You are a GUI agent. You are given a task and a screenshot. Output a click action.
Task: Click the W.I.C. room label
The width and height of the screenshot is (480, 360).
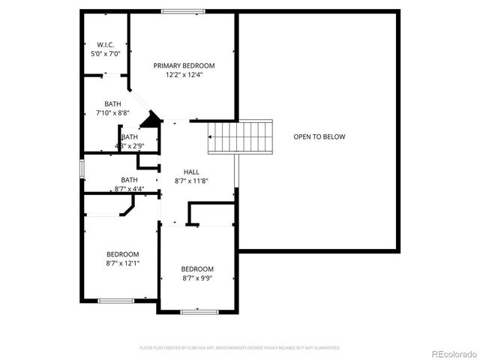click(x=104, y=44)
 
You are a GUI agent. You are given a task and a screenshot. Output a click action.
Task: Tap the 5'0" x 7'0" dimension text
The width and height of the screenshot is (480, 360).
click(x=104, y=54)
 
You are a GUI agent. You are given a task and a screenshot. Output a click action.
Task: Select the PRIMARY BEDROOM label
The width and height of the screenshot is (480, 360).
click(x=184, y=65)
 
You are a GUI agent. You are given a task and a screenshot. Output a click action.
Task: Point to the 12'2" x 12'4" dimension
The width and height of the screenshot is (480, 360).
click(x=184, y=74)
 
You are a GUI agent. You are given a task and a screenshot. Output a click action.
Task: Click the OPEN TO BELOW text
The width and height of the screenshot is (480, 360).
click(x=319, y=136)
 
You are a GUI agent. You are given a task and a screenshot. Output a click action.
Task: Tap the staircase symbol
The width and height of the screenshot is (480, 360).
click(x=239, y=136)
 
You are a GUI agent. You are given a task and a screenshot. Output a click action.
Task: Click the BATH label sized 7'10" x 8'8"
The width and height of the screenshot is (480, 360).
click(x=112, y=104)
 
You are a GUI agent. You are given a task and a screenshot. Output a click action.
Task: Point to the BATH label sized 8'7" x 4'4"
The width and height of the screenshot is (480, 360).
click(x=129, y=179)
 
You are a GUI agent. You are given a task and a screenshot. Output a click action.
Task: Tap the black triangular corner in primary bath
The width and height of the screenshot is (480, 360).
click(x=153, y=119)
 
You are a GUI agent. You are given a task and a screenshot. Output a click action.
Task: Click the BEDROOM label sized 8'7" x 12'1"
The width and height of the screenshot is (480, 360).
click(x=122, y=254)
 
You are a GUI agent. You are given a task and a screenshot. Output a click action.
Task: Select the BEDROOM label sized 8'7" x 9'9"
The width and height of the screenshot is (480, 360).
click(x=197, y=269)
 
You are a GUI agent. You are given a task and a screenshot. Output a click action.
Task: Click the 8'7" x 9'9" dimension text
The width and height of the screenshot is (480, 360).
click(x=197, y=278)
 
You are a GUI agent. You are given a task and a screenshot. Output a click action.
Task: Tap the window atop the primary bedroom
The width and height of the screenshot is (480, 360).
click(x=183, y=11)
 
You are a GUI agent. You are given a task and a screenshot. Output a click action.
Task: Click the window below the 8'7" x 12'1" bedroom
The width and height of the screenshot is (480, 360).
click(x=115, y=301)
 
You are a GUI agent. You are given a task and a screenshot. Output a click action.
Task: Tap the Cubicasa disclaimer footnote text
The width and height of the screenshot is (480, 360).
click(x=240, y=348)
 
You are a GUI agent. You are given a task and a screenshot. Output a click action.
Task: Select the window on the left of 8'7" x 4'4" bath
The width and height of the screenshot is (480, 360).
click(x=82, y=169)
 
